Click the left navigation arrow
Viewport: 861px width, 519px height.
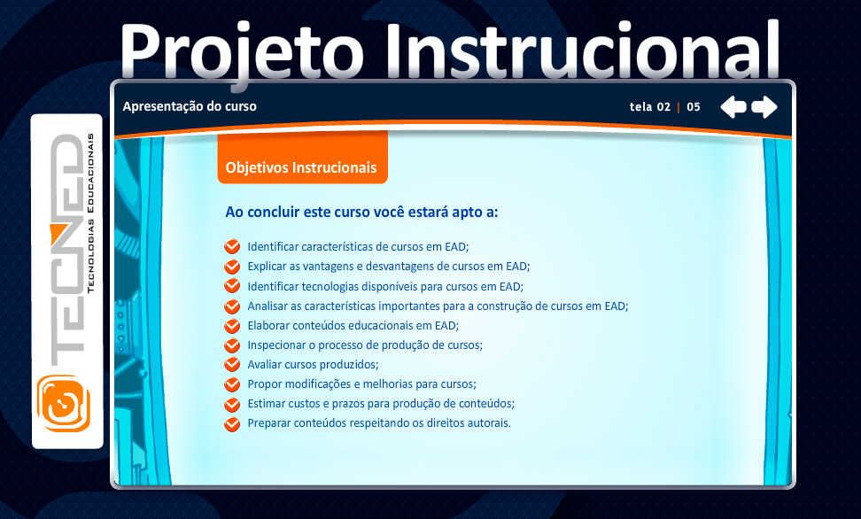point(733,106)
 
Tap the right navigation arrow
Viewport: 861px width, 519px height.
point(764,106)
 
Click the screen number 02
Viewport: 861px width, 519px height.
point(663,107)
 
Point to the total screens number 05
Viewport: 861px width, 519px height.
point(694,107)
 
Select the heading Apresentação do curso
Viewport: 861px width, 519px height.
point(190,106)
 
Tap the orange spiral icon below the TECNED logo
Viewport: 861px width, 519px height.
point(64,403)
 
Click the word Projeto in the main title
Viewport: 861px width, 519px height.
point(242,51)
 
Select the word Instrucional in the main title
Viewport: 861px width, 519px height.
point(581,49)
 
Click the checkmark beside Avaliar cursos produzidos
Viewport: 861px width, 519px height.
point(232,365)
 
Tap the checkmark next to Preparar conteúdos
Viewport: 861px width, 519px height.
point(232,423)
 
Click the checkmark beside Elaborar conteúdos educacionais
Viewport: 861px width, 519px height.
point(232,326)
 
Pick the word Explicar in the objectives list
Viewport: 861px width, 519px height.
point(267,267)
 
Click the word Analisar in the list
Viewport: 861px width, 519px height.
point(268,306)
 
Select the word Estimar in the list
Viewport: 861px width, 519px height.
point(267,404)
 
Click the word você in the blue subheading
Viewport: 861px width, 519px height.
point(389,212)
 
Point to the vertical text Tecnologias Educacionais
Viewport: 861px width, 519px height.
point(90,213)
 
